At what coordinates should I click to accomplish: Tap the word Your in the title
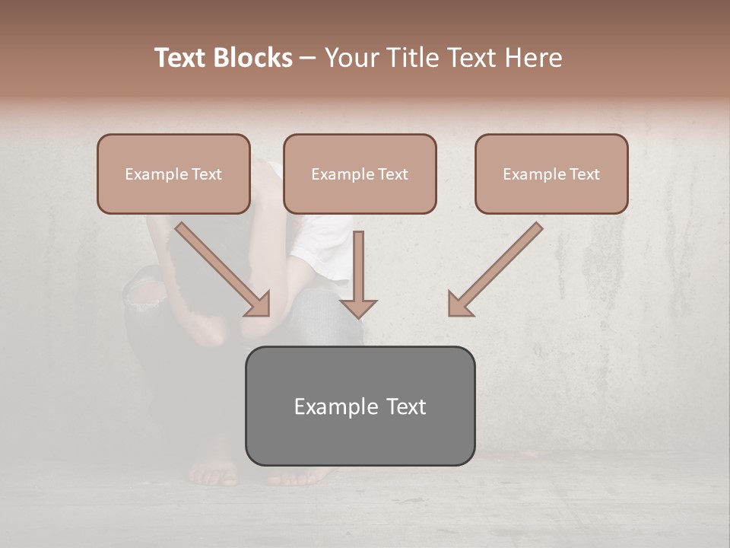click(x=351, y=58)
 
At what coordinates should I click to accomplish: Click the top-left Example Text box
click(x=173, y=174)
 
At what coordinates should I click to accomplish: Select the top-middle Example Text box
click(x=360, y=174)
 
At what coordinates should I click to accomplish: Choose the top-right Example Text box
click(x=551, y=174)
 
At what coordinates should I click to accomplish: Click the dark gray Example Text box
click(x=360, y=406)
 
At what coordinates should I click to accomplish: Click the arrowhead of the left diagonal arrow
click(x=259, y=304)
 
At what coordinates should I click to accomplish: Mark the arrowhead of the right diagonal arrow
click(x=459, y=304)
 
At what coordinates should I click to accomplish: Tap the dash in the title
click(x=309, y=58)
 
